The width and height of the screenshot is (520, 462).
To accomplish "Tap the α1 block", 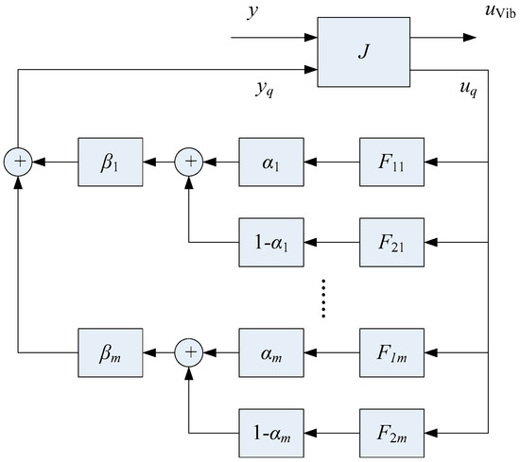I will tap(270, 163).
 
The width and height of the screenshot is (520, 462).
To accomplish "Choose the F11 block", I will tap(391, 163).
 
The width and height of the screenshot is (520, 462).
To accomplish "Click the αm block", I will tap(270, 353).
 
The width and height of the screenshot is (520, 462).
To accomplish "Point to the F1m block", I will tap(391, 353).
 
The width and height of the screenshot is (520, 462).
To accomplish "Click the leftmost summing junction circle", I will tap(18, 163).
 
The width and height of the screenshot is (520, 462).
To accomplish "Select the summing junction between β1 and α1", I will tap(190, 163).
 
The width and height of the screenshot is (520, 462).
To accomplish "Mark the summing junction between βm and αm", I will tap(190, 353).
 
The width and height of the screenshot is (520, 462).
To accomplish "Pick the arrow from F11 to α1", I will tap(330, 163).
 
